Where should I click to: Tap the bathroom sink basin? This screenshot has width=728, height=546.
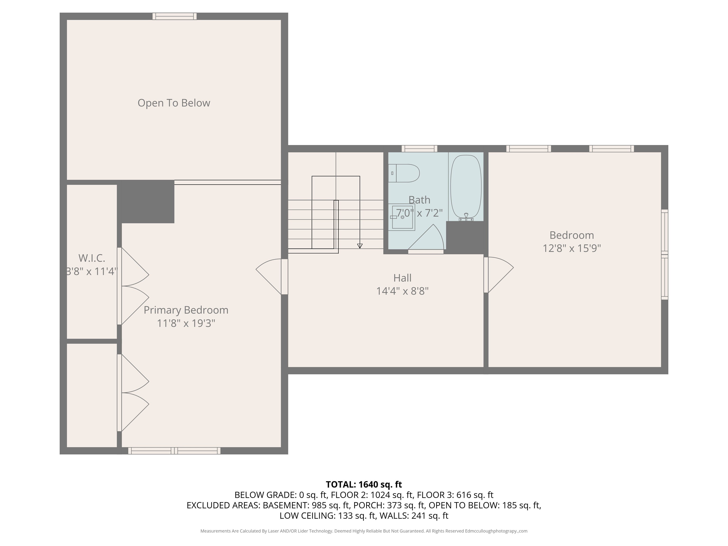coord(402,217)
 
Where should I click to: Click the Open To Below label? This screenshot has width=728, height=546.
coord(174,103)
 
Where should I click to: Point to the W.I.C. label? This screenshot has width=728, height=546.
coord(91,258)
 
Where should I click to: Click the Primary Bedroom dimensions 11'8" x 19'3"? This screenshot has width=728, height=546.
coord(186,323)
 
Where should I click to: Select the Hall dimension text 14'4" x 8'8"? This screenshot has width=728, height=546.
coord(402,291)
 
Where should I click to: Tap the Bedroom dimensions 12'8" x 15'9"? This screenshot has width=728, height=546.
coord(572,248)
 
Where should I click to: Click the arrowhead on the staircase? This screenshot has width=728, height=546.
coord(360,246)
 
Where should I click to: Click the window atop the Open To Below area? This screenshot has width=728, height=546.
coord(174,16)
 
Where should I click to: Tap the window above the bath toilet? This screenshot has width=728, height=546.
coord(419,148)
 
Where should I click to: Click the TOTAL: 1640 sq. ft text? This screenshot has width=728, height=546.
coord(364,484)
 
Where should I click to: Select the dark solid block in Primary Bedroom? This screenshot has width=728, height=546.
coord(147,202)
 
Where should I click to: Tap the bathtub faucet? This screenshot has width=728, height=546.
coord(466,217)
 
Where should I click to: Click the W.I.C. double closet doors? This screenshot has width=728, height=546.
coord(133,286)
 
